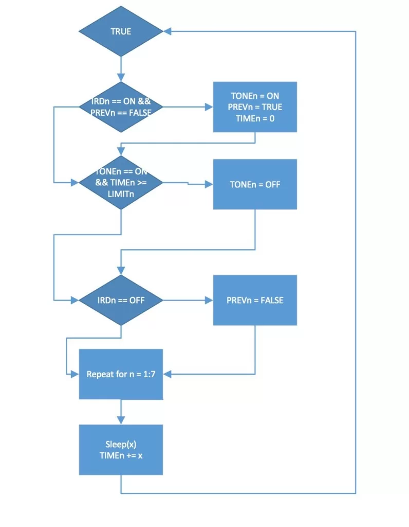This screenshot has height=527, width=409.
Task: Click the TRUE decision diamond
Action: pyautogui.click(x=121, y=31)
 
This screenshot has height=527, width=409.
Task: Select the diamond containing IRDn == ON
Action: pyautogui.click(x=121, y=107)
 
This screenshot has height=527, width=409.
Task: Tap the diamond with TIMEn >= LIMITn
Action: pyautogui.click(x=121, y=183)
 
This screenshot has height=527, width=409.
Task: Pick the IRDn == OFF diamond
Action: pyautogui.click(x=121, y=300)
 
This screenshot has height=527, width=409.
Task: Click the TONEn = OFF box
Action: pyautogui.click(x=255, y=184)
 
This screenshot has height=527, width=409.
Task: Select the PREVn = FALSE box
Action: pyautogui.click(x=255, y=300)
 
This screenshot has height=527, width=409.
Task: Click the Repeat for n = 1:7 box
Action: pyautogui.click(x=121, y=374)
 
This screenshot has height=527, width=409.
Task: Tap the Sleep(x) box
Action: pyautogui.click(x=121, y=449)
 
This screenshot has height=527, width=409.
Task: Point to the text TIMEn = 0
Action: pyautogui.click(x=255, y=118)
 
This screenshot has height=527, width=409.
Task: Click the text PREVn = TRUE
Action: pyautogui.click(x=255, y=107)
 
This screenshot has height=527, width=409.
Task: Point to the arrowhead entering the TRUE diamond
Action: pyautogui.click(x=167, y=31)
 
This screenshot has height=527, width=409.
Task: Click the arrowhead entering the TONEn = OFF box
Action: pyautogui.click(x=209, y=184)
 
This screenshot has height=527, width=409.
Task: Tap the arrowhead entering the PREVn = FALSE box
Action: pyautogui.click(x=209, y=300)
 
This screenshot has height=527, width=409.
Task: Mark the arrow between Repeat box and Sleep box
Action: pyautogui.click(x=121, y=412)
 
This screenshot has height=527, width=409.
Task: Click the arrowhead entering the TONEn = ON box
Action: pyautogui.click(x=209, y=107)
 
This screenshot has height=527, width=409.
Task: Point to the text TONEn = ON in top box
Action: pyautogui.click(x=255, y=96)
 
